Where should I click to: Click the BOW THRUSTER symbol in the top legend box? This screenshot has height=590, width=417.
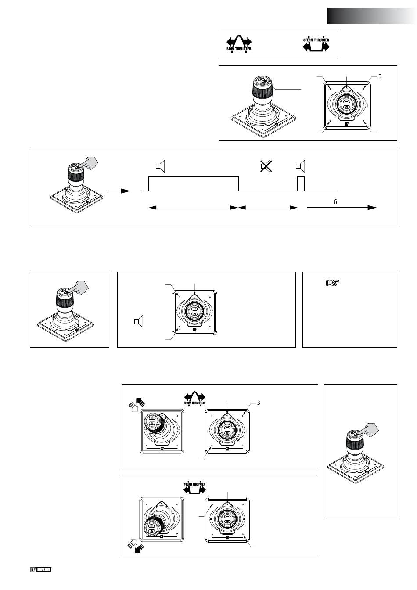point(239,43)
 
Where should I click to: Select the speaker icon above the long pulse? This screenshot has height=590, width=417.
point(160,166)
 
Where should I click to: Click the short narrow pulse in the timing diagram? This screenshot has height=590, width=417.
point(301,183)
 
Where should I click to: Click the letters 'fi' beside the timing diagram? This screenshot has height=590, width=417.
point(336,201)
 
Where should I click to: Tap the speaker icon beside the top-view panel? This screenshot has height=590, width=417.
point(138,322)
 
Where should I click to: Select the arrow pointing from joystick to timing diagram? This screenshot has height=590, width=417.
point(119,191)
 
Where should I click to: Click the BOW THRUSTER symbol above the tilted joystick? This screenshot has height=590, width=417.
point(194,398)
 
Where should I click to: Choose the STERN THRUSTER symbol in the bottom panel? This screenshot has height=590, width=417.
point(194,487)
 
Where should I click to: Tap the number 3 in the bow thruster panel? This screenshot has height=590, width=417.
point(259,403)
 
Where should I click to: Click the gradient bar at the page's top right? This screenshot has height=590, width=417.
point(371,16)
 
